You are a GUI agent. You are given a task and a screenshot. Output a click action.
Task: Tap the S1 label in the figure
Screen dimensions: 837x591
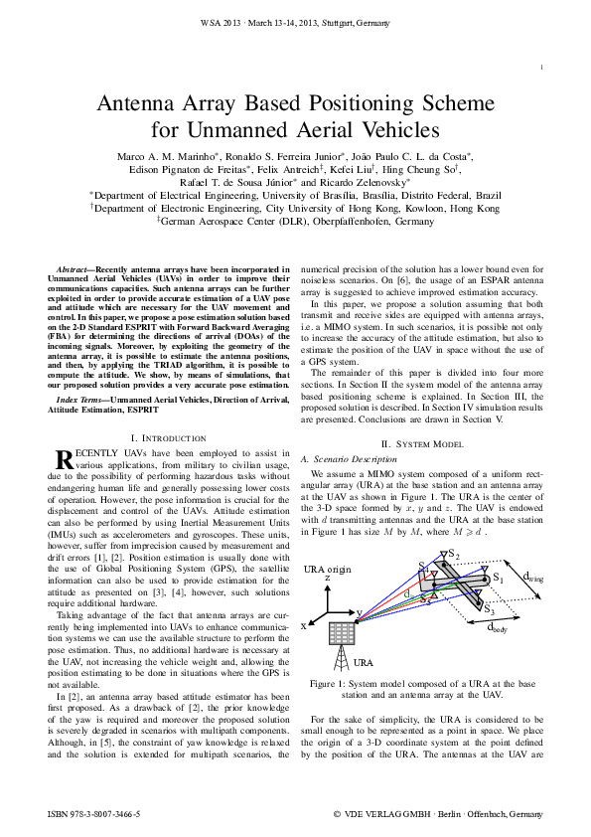pos(498,578)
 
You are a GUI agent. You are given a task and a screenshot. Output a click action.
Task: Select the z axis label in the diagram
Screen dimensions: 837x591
pos(329,578)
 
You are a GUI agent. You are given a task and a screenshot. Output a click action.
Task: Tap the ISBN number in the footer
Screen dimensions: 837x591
pos(93,813)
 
